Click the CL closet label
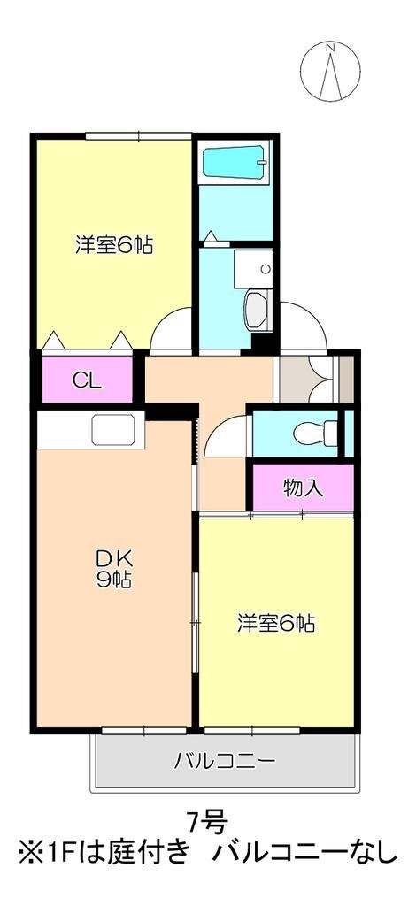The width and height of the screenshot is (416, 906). click(x=87, y=380)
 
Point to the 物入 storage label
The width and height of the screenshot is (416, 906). click(x=303, y=487)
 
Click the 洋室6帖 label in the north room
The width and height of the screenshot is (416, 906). click(x=114, y=245)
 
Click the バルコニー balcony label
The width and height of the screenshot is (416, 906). click(x=225, y=760)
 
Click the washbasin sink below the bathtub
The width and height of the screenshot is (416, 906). click(x=257, y=310)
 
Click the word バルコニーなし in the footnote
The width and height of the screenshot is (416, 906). click(x=305, y=853)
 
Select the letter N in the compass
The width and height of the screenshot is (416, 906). click(x=330, y=48)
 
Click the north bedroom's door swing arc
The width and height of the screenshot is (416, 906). click(x=173, y=329)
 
